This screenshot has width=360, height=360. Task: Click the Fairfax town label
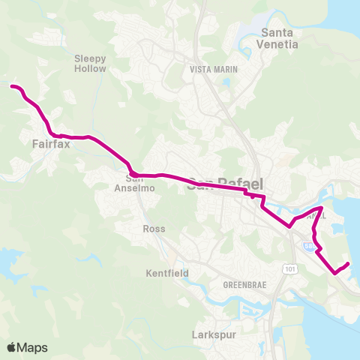pos(51,144)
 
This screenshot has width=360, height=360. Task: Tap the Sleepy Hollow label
pos(91,63)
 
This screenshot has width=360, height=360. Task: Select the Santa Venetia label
pos(279,38)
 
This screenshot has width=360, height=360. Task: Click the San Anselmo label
pos(134,184)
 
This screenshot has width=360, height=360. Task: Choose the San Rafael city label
pos(222,183)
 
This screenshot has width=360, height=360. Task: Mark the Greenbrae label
pos(241,286)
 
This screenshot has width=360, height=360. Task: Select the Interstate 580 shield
pos(309,244)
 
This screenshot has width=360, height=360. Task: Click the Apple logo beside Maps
pos(12,347)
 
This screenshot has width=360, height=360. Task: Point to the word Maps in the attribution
pos(33,347)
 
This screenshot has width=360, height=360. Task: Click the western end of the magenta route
pos(11,86)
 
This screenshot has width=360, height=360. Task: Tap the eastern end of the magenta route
pos(349,263)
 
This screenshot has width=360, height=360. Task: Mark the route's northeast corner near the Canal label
pos(322,207)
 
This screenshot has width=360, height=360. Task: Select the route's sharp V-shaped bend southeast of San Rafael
pos(289,226)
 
